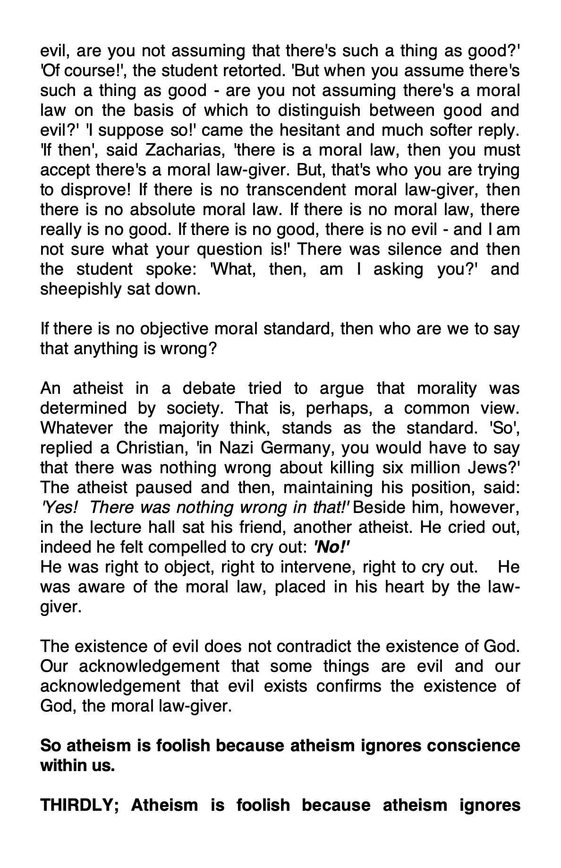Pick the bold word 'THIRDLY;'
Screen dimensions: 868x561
click(x=80, y=805)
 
